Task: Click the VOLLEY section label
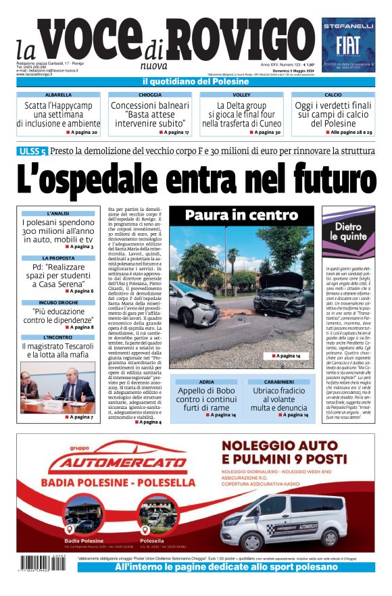pos(241,95)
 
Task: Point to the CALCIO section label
pos(333,95)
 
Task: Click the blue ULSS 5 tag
pos(32,151)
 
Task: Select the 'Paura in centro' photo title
pos(241,216)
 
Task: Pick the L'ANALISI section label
pos(58,214)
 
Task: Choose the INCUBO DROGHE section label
pos(58,303)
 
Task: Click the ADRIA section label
pos(206,382)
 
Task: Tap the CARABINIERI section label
pos(279,382)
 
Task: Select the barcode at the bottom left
pos(44,563)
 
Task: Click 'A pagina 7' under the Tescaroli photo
pos(80,417)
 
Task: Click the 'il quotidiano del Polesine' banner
pos(195,82)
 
